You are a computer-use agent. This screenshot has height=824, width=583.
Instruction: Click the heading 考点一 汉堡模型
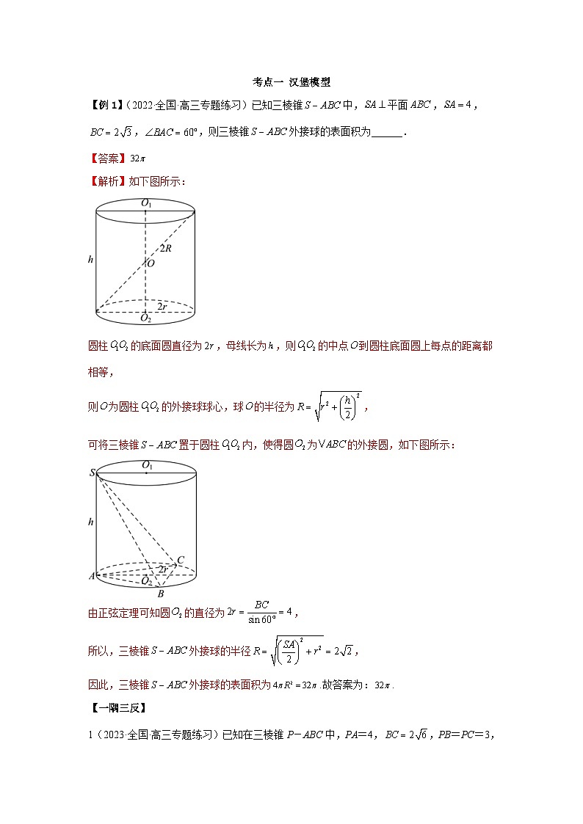pyautogui.click(x=291, y=82)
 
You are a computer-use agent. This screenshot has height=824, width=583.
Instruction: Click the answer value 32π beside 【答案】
pyautogui.click(x=137, y=158)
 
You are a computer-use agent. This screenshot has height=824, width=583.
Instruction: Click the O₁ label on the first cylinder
pyautogui.click(x=147, y=203)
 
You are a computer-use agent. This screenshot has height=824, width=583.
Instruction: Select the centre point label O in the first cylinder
pyautogui.click(x=151, y=263)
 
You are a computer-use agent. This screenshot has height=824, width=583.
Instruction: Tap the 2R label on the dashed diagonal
pyautogui.click(x=167, y=248)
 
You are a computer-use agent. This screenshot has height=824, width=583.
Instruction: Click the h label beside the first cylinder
pyautogui.click(x=90, y=258)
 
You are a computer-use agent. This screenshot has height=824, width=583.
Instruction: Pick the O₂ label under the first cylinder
pyautogui.click(x=146, y=318)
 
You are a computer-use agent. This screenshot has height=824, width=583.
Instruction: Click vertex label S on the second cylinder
pyautogui.click(x=93, y=473)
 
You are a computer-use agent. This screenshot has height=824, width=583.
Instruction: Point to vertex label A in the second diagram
pyautogui.click(x=92, y=576)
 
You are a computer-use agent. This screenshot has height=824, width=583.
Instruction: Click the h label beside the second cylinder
pyautogui.click(x=90, y=522)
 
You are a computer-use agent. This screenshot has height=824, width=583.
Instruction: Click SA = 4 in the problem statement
pyautogui.click(x=461, y=106)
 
